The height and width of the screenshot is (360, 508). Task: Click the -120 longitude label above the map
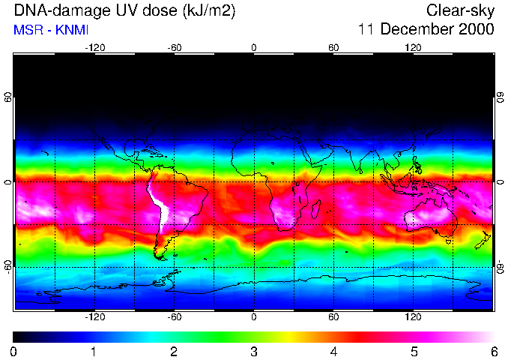94,47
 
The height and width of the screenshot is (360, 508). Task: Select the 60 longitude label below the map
333,316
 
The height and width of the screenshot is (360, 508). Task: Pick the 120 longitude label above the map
413,47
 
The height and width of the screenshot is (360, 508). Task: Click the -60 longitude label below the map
174,316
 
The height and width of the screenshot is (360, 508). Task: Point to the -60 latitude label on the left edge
7,266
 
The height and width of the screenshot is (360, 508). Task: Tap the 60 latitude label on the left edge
7,97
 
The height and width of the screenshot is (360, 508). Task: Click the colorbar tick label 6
494,351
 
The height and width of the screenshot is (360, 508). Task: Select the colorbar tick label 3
254,351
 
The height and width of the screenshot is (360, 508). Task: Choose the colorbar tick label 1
94,351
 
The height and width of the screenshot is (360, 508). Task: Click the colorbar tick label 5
414,351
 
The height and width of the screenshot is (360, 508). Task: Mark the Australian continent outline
431,217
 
